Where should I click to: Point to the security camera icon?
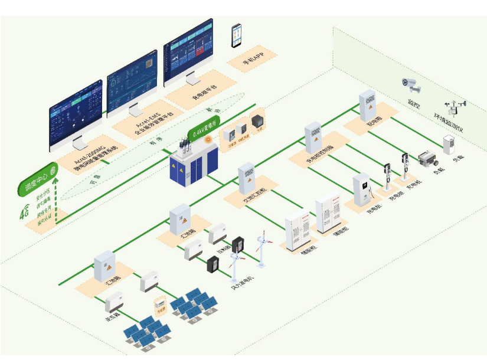(411, 85)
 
